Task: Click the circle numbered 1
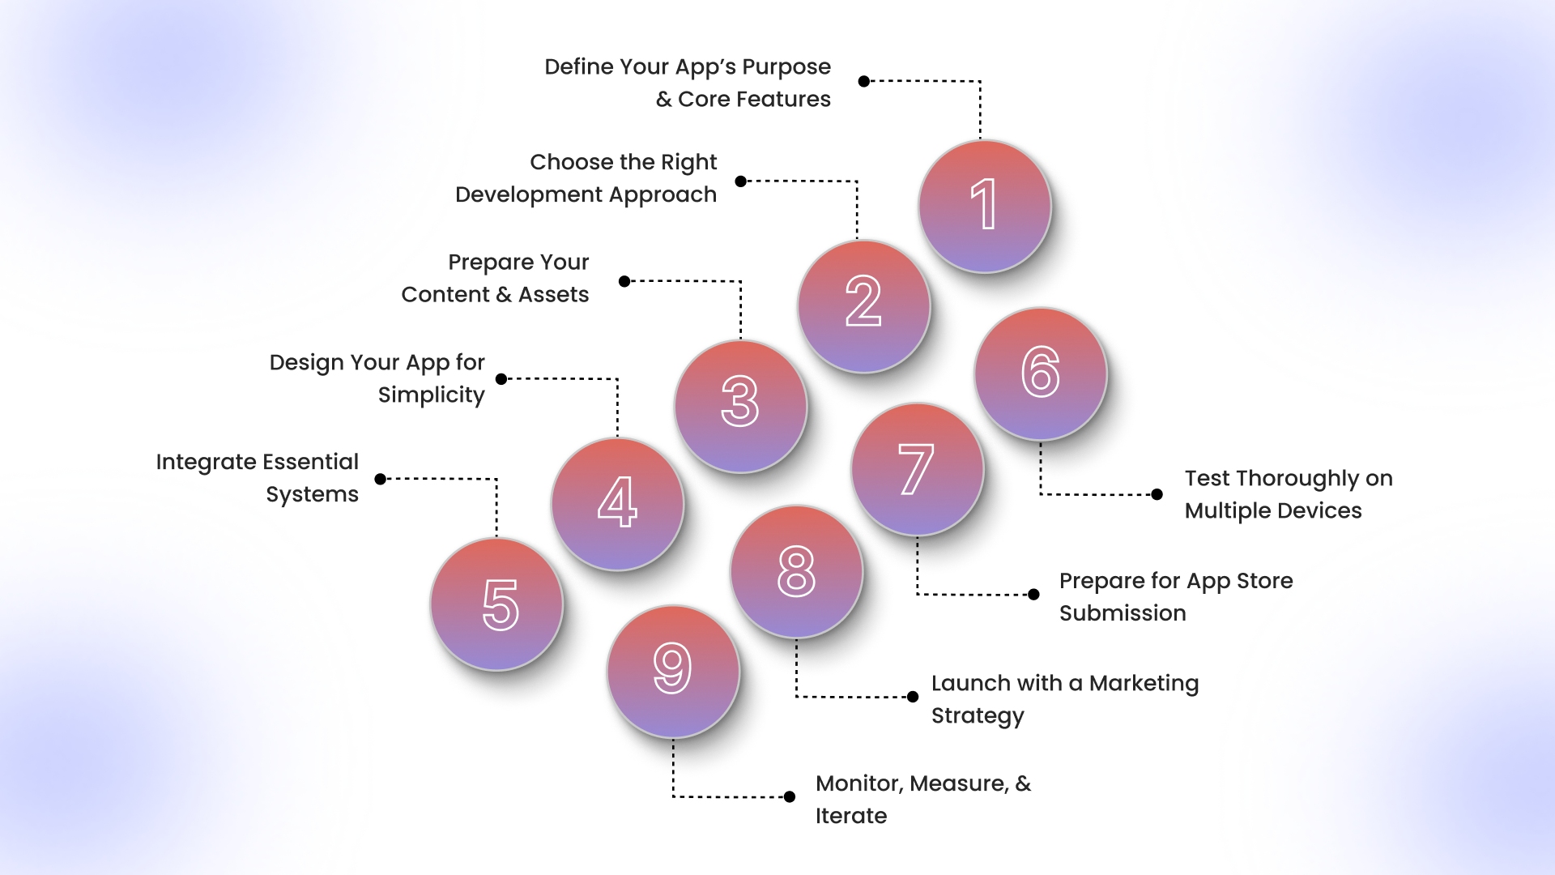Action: click(x=985, y=207)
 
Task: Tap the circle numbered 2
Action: click(x=864, y=306)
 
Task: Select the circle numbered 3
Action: click(x=741, y=406)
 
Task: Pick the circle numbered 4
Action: click(x=618, y=504)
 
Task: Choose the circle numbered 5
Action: click(x=496, y=604)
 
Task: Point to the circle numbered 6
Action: click(x=1041, y=374)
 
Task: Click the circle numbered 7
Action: click(x=918, y=469)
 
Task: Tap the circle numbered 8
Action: click(x=797, y=571)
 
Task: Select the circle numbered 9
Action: click(x=674, y=672)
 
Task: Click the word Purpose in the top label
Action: click(x=786, y=67)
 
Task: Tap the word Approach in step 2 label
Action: click(x=662, y=195)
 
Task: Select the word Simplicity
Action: click(x=432, y=395)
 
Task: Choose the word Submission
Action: click(x=1123, y=613)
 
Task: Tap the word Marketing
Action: click(x=1144, y=685)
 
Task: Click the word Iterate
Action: click(x=851, y=816)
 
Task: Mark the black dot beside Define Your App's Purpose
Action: click(x=864, y=81)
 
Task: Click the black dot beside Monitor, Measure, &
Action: click(x=790, y=796)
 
